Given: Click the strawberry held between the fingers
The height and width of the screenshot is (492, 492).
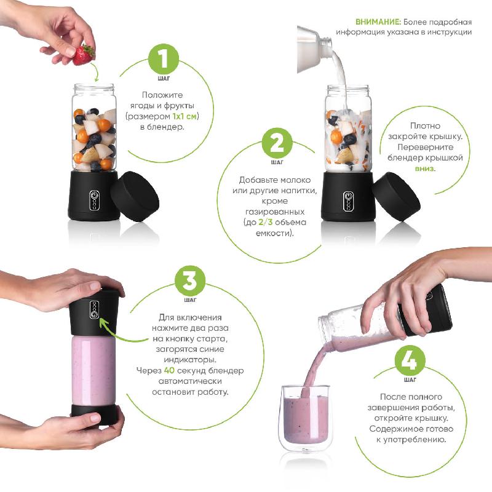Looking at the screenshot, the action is click(84, 55).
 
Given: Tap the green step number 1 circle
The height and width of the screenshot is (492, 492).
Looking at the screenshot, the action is click(163, 59).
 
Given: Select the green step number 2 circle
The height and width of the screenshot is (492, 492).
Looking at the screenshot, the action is click(277, 143).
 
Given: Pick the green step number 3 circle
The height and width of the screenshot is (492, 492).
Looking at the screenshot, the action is click(190, 281).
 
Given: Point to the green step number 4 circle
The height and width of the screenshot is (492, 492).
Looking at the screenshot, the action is click(410, 360).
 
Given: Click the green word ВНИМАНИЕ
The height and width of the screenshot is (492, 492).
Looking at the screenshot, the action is click(378, 22).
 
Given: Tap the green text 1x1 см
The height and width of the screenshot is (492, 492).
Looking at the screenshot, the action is click(184, 116).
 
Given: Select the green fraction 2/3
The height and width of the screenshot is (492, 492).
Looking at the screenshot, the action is click(266, 222).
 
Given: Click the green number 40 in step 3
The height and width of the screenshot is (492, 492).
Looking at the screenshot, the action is click(169, 371).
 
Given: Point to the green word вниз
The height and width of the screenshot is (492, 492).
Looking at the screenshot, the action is click(424, 169).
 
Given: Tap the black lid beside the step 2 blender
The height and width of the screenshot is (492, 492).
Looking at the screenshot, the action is click(397, 197).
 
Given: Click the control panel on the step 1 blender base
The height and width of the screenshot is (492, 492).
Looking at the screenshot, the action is click(95, 200).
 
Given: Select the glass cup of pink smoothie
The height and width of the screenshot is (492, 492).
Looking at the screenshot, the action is click(304, 418).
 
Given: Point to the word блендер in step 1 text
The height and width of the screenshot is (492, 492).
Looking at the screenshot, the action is click(162, 127).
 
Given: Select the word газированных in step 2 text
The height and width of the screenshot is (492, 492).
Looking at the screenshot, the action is click(274, 212).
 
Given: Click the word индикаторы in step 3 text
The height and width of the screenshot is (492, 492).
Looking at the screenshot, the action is click(190, 360).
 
